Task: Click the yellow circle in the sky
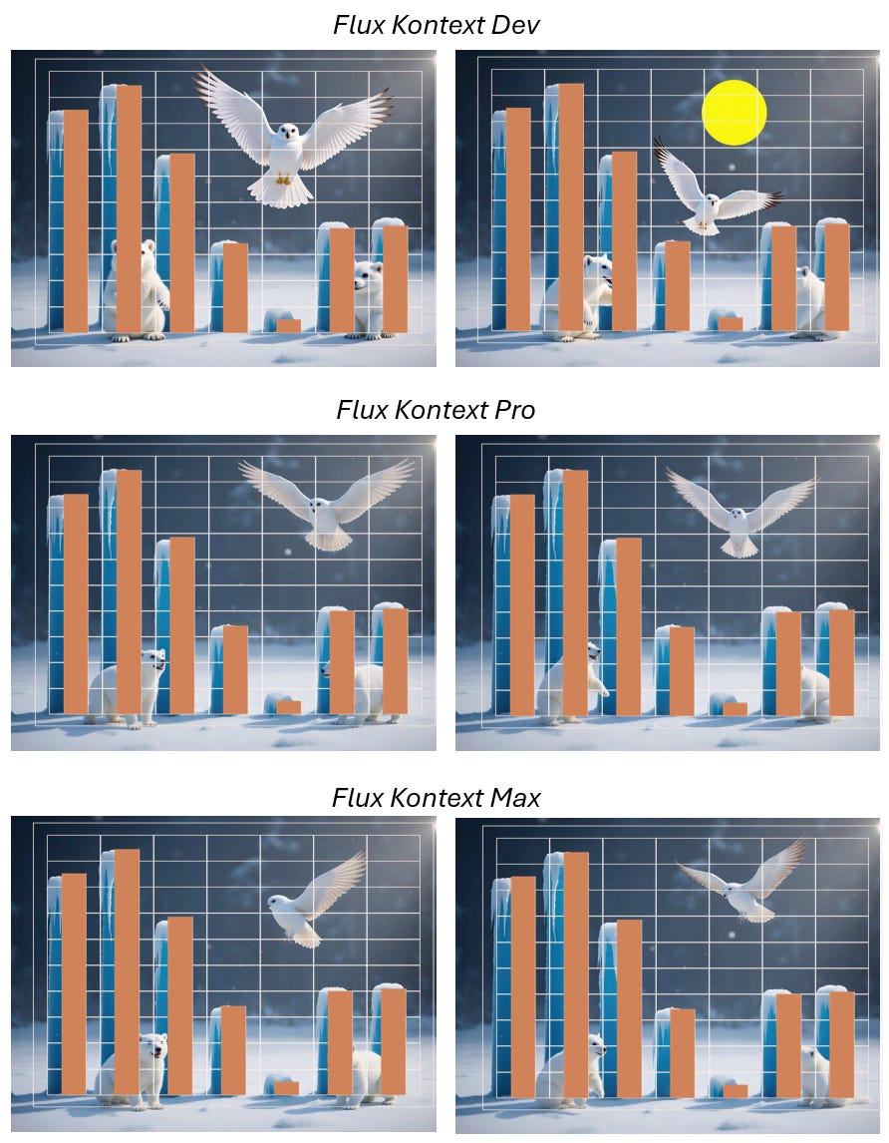[734, 113]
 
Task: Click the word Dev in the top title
[515, 25]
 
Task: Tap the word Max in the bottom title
[515, 798]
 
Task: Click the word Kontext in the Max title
[438, 798]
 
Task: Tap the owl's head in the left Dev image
[289, 133]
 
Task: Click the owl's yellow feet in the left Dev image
[283, 178]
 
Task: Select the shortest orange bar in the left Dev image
[289, 325]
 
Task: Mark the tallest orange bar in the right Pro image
[576, 592]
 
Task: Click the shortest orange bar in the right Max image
[736, 1090]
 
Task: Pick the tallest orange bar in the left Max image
[127, 971]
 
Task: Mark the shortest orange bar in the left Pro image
[289, 707]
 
